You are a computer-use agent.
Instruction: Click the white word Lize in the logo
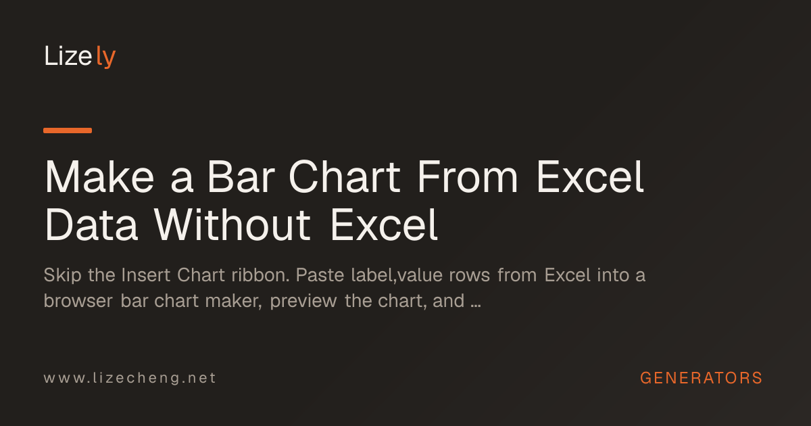pyautogui.click(x=68, y=55)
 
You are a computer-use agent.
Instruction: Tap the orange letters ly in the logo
pyautogui.click(x=105, y=57)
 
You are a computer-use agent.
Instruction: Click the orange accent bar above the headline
pyautogui.click(x=68, y=131)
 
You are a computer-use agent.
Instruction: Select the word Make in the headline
pyautogui.click(x=99, y=176)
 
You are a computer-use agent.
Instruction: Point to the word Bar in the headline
pyautogui.click(x=241, y=176)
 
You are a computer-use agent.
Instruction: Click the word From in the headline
pyautogui.click(x=468, y=176)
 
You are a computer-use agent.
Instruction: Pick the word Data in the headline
pyautogui.click(x=91, y=224)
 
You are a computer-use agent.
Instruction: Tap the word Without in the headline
pyautogui.click(x=232, y=224)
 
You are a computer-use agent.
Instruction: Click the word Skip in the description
pyautogui.click(x=62, y=275)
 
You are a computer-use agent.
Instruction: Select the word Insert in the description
pyautogui.click(x=145, y=275)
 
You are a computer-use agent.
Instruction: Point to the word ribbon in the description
pyautogui.click(x=260, y=275)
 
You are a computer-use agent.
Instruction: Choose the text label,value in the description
pyautogui.click(x=397, y=275)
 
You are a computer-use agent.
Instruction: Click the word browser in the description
pyautogui.click(x=78, y=301)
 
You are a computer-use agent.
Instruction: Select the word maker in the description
pyautogui.click(x=234, y=301)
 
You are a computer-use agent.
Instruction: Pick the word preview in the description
pyautogui.click(x=303, y=302)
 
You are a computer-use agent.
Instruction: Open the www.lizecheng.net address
pyautogui.click(x=130, y=378)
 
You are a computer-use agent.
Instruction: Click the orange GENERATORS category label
pyautogui.click(x=702, y=378)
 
